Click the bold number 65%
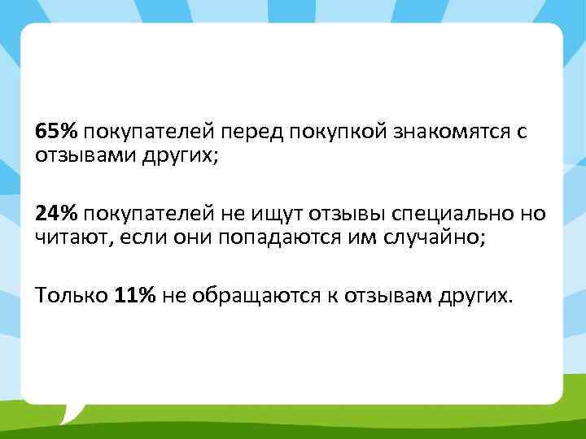(56, 132)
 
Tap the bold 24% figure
(56, 213)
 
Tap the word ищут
(282, 213)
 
